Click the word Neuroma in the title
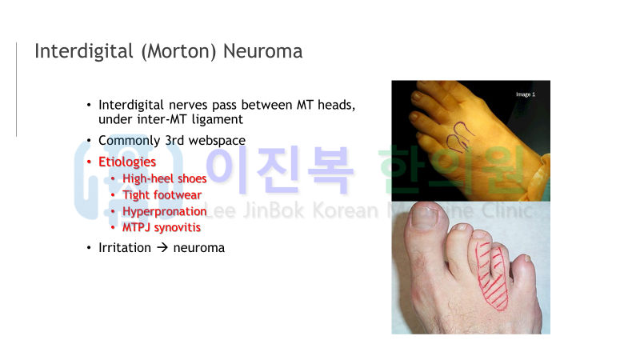tap(262, 51)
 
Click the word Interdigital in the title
tap(84, 51)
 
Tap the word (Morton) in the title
tap(178, 52)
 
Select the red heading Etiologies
tap(127, 162)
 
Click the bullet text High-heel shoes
tap(165, 178)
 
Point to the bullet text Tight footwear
tap(162, 195)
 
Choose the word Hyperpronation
tap(165, 211)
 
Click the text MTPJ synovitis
tap(162, 227)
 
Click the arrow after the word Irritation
tap(162, 247)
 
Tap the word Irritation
tap(125, 248)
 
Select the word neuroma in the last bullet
tap(198, 248)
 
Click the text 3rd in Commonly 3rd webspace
tap(174, 141)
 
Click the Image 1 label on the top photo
tap(526, 94)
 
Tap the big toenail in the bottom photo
tap(425, 218)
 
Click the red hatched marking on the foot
tap(491, 276)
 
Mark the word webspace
tap(217, 141)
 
